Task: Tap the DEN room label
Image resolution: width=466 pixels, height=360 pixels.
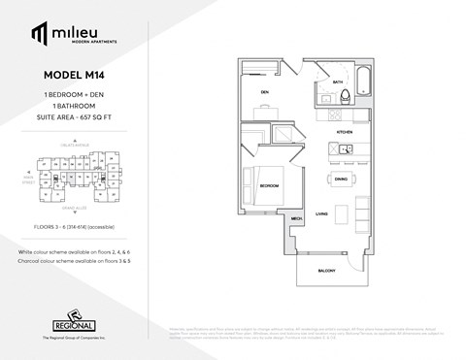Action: (263, 93)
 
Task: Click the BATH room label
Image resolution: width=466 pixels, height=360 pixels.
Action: (338, 82)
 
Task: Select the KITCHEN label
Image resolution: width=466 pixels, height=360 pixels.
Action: (345, 130)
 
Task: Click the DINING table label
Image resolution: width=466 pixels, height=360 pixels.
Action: (342, 180)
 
